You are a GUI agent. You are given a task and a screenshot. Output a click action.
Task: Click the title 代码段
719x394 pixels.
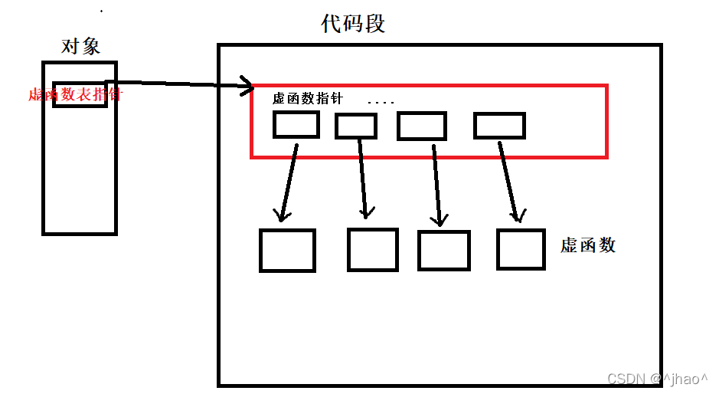(x=353, y=24)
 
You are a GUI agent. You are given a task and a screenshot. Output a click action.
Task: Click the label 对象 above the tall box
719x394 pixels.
(x=80, y=47)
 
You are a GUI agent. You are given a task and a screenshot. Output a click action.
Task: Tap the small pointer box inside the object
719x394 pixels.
(x=80, y=94)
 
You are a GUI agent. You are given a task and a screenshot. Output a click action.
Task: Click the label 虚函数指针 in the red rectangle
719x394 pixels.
(x=308, y=99)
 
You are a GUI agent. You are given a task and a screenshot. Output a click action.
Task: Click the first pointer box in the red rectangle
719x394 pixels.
(x=296, y=124)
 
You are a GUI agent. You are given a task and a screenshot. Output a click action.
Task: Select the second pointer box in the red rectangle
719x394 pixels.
(x=356, y=126)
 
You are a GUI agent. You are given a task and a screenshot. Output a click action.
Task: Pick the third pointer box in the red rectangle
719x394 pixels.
(x=421, y=126)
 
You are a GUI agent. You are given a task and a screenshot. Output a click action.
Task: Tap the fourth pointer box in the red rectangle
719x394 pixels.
(x=499, y=125)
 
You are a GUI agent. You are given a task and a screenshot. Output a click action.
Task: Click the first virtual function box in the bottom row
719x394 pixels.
(x=287, y=250)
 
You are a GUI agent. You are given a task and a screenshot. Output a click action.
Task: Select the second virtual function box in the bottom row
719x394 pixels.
(x=373, y=249)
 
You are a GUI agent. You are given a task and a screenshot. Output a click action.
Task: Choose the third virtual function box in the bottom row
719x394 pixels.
(x=443, y=250)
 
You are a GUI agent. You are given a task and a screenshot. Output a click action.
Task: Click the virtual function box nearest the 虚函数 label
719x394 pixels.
(x=521, y=249)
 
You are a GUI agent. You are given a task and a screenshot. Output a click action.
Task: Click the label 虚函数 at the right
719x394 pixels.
(x=588, y=245)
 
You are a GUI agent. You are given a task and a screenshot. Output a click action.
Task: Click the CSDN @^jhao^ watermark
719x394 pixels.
(x=657, y=379)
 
